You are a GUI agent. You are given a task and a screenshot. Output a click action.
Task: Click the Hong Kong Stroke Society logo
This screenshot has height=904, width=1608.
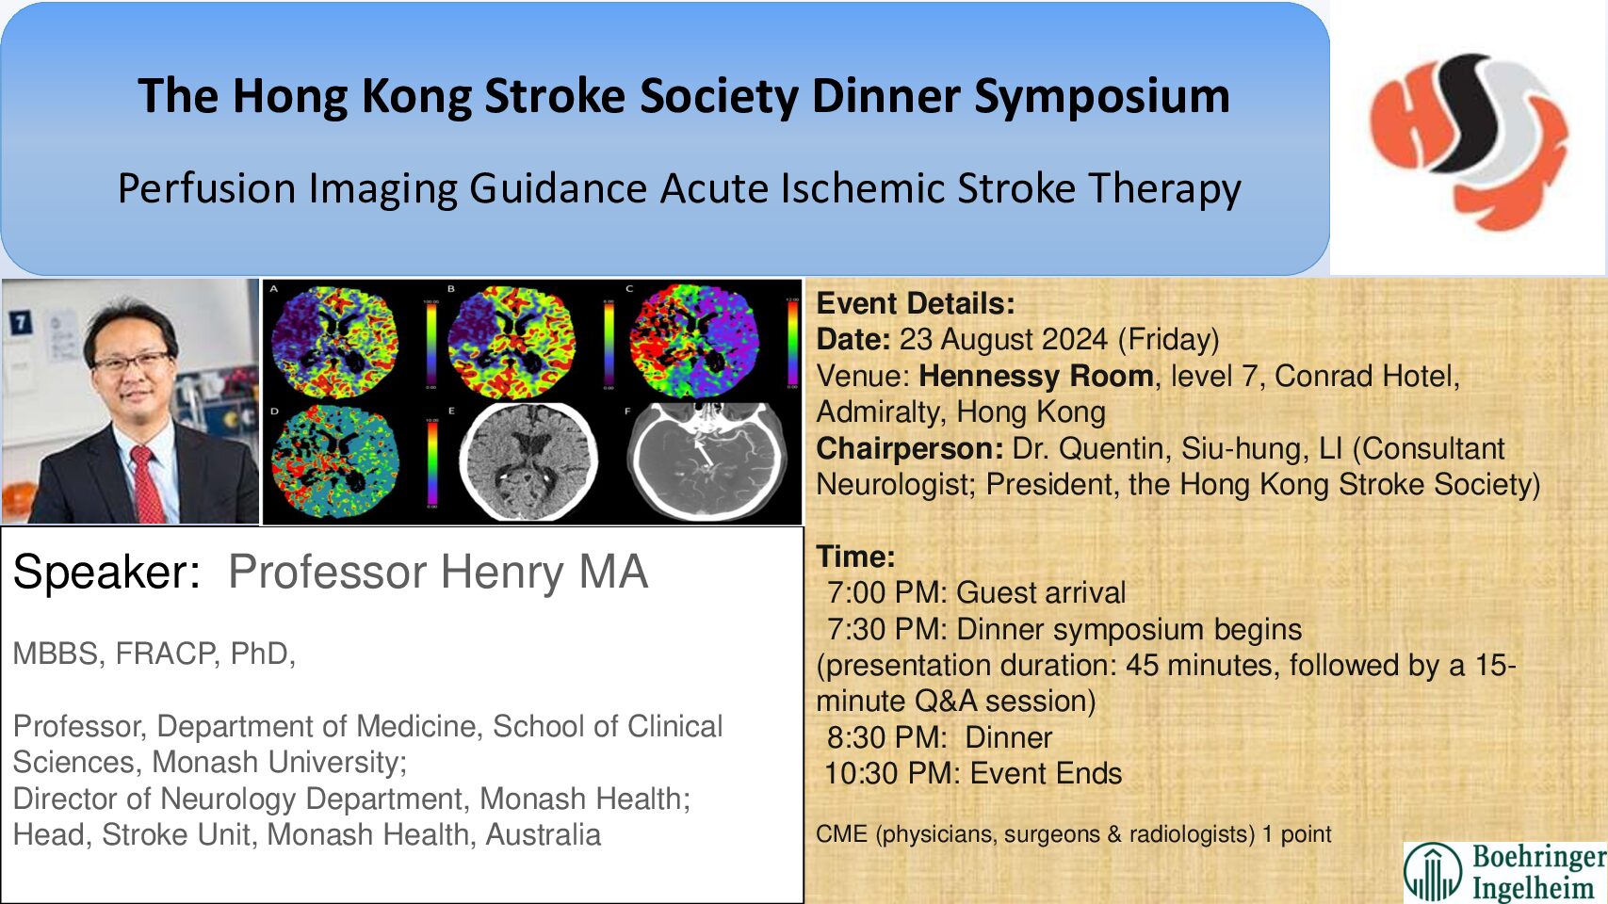pyautogui.click(x=1468, y=139)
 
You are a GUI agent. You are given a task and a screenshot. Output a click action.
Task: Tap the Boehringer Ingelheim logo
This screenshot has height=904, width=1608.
pyautogui.click(x=1505, y=871)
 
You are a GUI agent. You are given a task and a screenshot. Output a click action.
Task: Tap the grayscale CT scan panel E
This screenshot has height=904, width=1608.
pyautogui.click(x=528, y=461)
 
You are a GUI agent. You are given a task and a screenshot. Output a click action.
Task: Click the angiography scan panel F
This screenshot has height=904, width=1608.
pyautogui.click(x=707, y=461)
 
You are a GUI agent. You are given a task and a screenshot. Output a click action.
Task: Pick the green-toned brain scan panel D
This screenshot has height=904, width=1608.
pyautogui.click(x=334, y=461)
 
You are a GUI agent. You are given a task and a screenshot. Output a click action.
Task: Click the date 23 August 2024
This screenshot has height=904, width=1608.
pyautogui.click(x=1003, y=339)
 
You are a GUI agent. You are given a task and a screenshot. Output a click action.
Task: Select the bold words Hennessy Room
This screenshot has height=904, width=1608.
pyautogui.click(x=1035, y=376)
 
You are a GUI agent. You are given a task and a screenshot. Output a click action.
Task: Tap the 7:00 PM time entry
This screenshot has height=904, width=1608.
pyautogui.click(x=885, y=592)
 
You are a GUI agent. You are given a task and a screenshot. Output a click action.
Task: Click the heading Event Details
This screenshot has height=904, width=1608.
pyautogui.click(x=915, y=303)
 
